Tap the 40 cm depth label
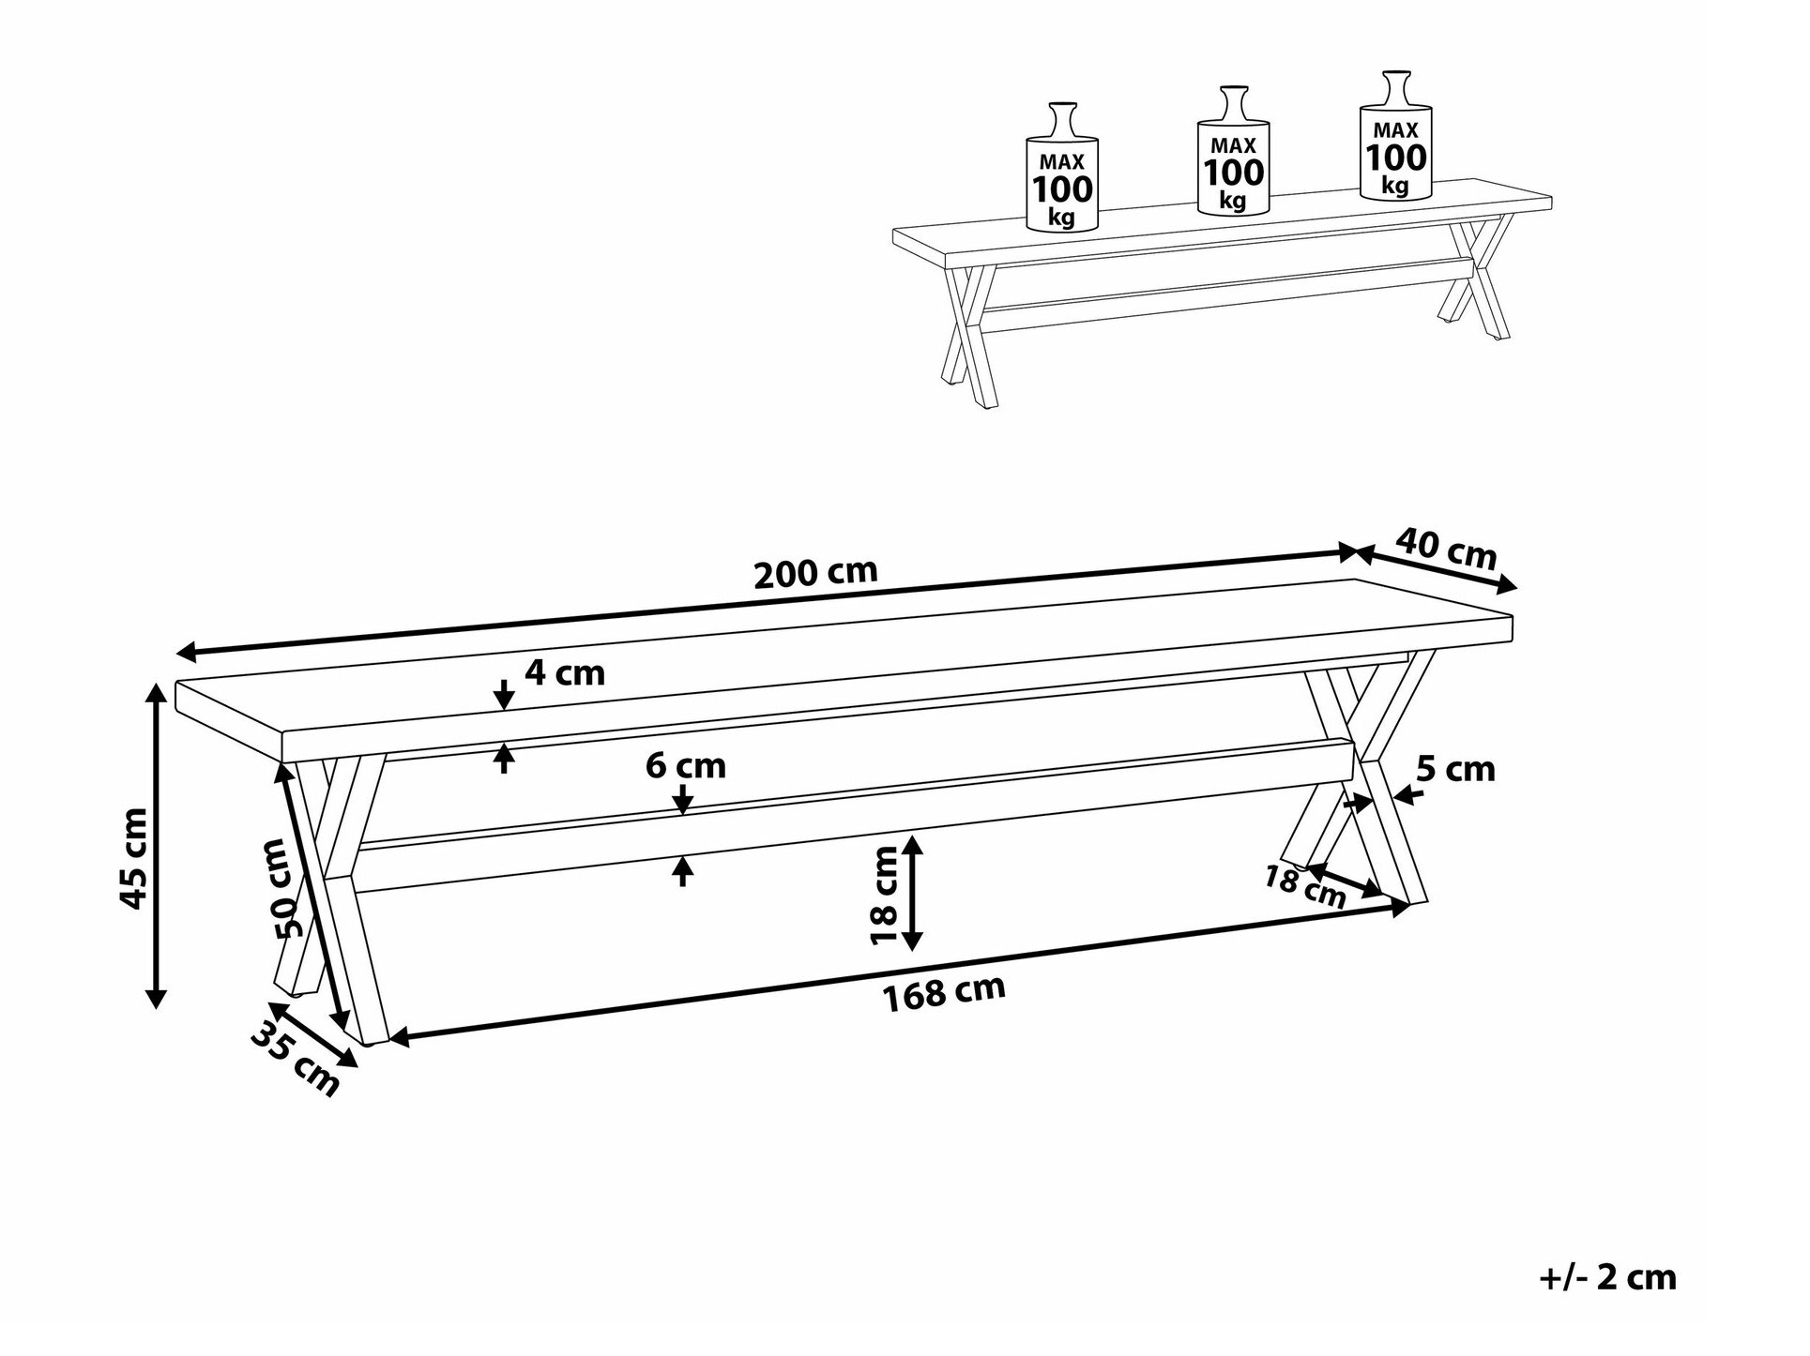[x=1447, y=549]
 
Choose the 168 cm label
[x=945, y=992]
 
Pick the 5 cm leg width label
[x=1455, y=769]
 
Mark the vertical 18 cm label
[x=885, y=895]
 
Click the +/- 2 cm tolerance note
[x=1607, y=1277]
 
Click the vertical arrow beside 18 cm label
[x=912, y=894]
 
